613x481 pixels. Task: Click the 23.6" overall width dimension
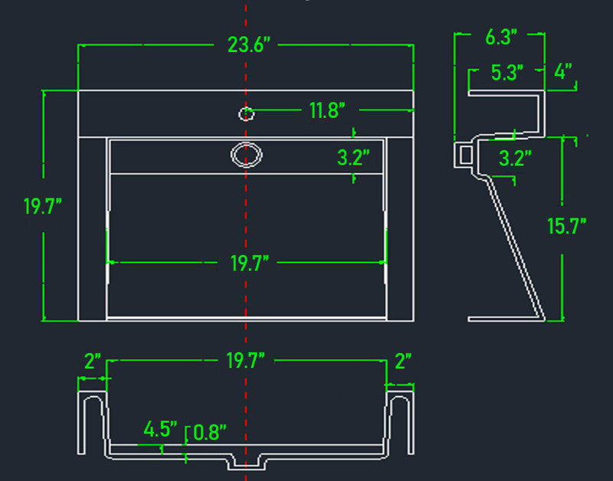248,44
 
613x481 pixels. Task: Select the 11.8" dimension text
327,110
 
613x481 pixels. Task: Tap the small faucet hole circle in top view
246,114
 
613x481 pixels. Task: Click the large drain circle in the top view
246,155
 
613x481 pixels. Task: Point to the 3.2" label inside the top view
353,158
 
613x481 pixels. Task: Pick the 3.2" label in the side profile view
515,159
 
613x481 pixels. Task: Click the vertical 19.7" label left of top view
43,206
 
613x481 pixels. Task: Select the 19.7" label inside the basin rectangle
250,263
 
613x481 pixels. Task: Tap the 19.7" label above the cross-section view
245,360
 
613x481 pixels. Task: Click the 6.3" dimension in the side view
501,37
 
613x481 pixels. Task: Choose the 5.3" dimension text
507,72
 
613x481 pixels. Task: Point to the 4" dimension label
563,71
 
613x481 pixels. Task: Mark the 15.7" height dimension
566,226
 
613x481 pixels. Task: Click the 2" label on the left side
93,361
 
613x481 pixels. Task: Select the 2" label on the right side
403,361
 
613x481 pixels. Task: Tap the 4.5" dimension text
160,429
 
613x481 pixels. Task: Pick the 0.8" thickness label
210,432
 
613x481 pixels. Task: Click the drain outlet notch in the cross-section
246,462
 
